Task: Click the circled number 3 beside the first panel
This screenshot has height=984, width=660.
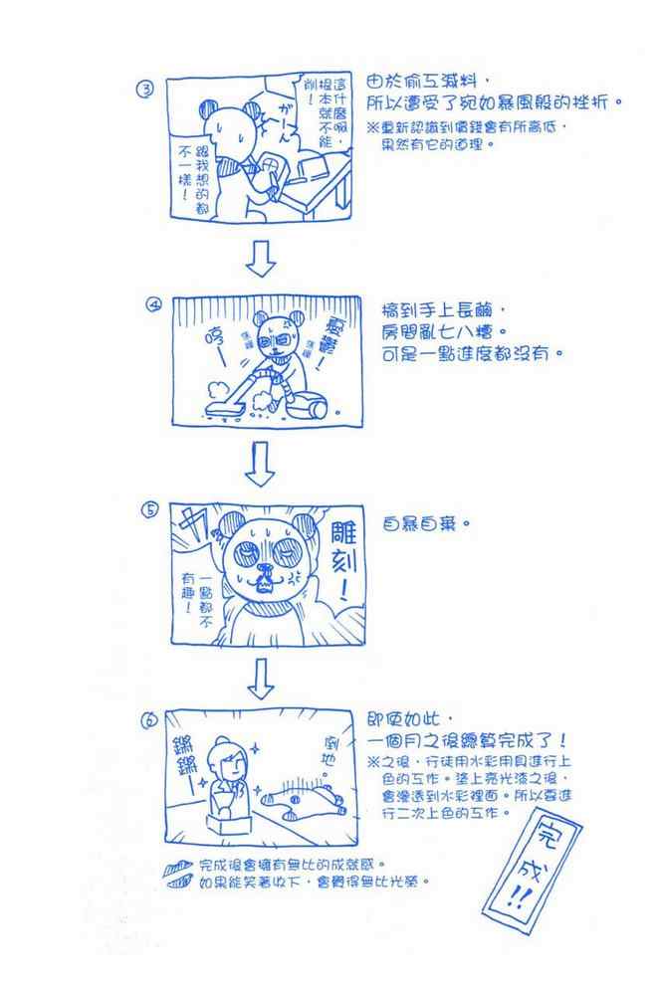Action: coord(145,91)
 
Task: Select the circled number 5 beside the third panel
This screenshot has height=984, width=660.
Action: coord(150,510)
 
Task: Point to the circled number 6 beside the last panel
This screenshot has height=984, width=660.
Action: coord(151,718)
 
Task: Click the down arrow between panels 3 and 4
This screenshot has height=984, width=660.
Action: coord(261,257)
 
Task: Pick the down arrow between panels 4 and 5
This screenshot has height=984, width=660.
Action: coord(261,465)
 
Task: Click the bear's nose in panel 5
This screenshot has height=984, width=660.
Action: coord(265,571)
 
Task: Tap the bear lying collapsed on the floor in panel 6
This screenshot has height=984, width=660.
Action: coord(299,799)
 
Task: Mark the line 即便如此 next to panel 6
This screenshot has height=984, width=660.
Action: coord(409,718)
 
